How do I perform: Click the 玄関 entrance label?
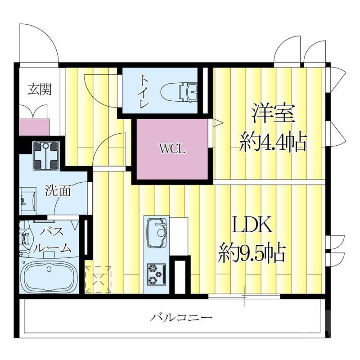click(x=39, y=89)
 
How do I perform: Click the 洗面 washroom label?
click(x=58, y=190)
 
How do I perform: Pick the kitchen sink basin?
click(x=157, y=233)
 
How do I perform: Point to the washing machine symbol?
click(x=46, y=155)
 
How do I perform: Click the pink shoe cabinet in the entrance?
click(x=34, y=126)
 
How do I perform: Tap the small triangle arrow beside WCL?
click(x=217, y=122)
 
